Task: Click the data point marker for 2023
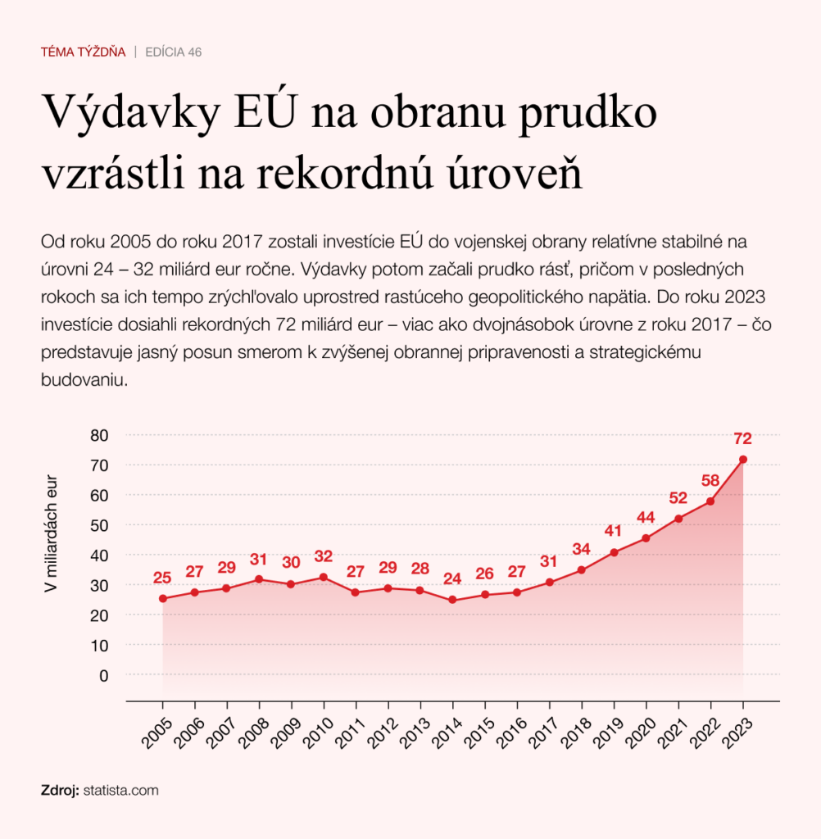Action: click(743, 460)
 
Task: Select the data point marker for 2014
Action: click(452, 600)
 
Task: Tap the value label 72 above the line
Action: click(743, 438)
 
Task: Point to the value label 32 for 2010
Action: click(324, 556)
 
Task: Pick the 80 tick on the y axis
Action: click(99, 435)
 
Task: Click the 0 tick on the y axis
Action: click(104, 675)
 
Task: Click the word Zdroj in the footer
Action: click(59, 791)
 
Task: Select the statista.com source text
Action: click(120, 791)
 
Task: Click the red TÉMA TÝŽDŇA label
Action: click(83, 52)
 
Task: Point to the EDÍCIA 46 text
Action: click(173, 52)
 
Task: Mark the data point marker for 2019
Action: click(614, 552)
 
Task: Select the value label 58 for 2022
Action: click(710, 480)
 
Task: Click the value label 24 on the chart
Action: click(452, 579)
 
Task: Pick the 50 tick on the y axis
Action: click(99, 525)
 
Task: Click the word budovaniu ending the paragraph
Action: click(81, 381)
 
